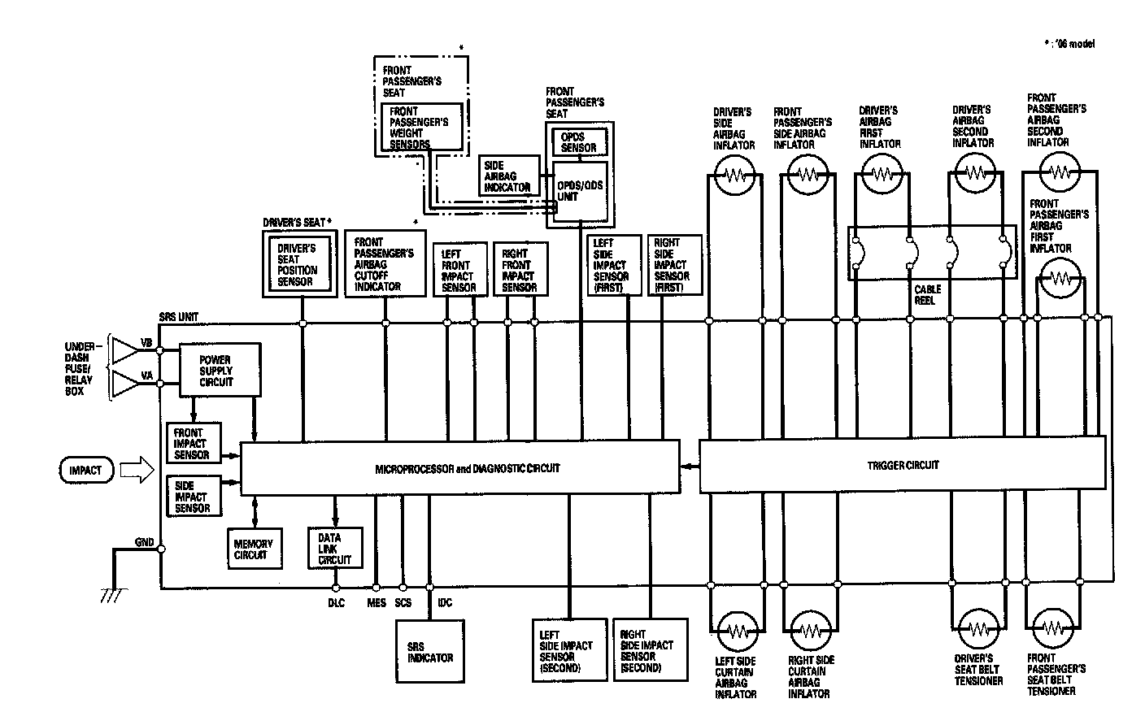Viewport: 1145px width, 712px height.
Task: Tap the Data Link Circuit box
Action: [335, 549]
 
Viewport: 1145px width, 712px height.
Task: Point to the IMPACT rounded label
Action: [85, 470]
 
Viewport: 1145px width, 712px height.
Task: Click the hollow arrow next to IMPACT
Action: [137, 470]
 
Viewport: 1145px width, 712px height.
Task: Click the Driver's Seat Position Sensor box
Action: [301, 265]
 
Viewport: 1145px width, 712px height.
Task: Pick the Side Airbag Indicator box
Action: [508, 176]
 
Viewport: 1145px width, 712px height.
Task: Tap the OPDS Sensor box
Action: [579, 142]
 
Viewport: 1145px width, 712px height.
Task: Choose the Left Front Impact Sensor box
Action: [459, 270]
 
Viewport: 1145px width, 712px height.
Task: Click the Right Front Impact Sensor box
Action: [520, 270]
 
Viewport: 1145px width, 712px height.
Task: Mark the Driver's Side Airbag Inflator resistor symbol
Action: [735, 175]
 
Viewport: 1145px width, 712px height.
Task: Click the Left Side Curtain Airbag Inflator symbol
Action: [736, 631]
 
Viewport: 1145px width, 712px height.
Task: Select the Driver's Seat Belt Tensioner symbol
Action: [977, 631]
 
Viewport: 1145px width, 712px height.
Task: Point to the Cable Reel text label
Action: [927, 294]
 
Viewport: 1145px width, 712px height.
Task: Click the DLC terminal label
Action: [336, 603]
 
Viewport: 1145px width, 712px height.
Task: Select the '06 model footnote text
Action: [1069, 44]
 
